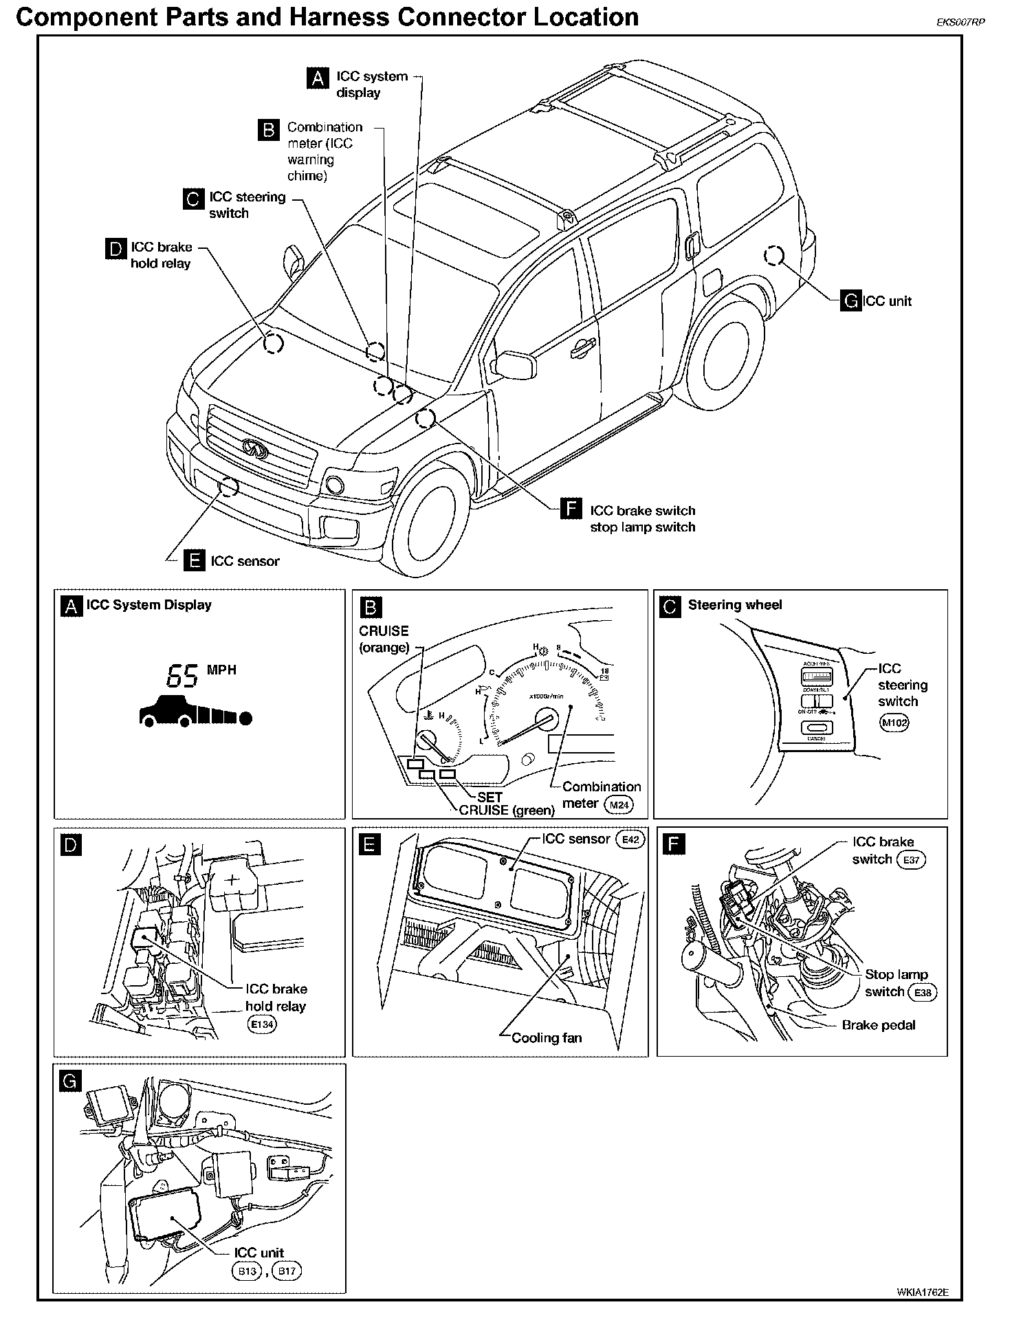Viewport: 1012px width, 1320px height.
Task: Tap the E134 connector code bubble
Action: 261,1024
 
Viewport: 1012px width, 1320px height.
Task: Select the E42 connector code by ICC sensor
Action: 630,839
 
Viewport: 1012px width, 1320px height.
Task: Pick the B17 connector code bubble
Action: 287,1270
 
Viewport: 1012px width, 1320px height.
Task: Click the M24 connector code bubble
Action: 617,804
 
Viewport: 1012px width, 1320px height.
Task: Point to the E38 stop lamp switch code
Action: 921,992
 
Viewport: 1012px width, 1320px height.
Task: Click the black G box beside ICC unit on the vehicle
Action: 850,301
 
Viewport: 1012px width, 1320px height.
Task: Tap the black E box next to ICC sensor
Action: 195,561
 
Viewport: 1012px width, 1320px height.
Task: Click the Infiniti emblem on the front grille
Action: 254,448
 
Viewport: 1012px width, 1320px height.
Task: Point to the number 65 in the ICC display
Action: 182,676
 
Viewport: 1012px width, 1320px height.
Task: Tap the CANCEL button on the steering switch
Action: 816,728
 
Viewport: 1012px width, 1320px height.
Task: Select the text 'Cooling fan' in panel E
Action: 547,1037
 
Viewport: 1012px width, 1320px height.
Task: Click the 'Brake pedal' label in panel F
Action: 879,1025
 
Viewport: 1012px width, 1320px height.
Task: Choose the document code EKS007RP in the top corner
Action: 960,21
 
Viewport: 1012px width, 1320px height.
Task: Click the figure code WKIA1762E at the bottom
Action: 923,1292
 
